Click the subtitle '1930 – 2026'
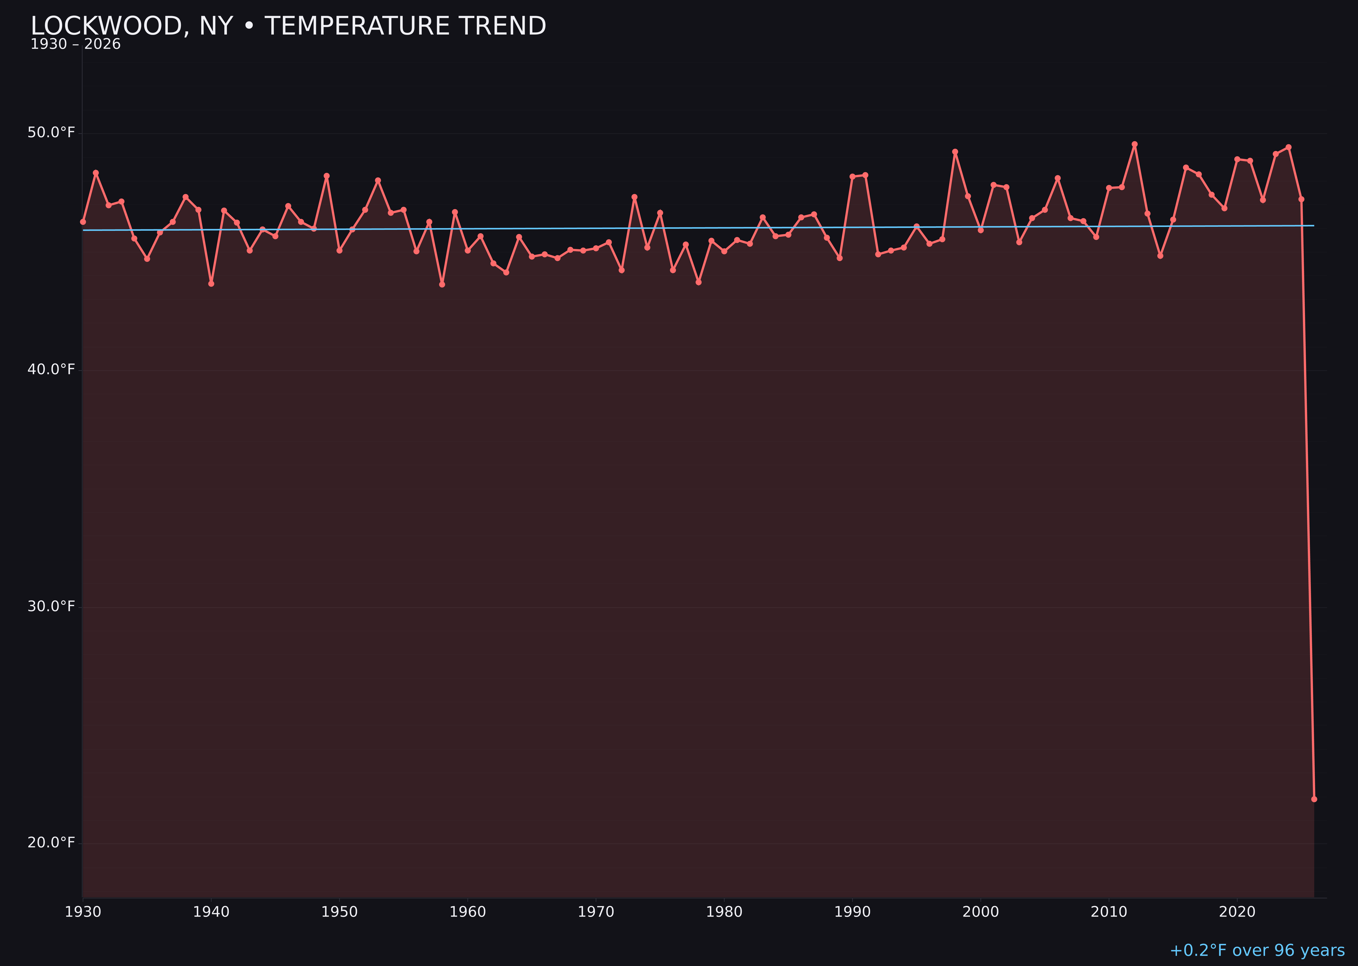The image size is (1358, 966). tap(75, 44)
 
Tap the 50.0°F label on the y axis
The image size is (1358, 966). tap(51, 132)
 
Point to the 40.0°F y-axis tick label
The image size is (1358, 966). tap(51, 370)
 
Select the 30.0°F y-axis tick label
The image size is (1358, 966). tap(51, 606)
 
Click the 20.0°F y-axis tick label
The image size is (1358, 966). tap(51, 842)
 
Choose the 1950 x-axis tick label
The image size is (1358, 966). tap(339, 912)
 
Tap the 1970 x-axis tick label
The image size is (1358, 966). tap(596, 912)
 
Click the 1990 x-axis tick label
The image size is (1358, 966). tap(852, 912)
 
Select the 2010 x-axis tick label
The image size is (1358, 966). tap(1109, 912)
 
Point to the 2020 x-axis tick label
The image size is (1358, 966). tap(1237, 912)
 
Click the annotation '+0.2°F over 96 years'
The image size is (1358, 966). tap(1257, 950)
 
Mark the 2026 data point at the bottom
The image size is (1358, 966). tap(1314, 799)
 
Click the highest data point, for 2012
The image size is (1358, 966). tap(1135, 144)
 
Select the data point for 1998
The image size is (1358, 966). tap(955, 152)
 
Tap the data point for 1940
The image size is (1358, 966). tap(211, 284)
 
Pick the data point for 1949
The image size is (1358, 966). tap(326, 176)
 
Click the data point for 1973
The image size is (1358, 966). tap(635, 197)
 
